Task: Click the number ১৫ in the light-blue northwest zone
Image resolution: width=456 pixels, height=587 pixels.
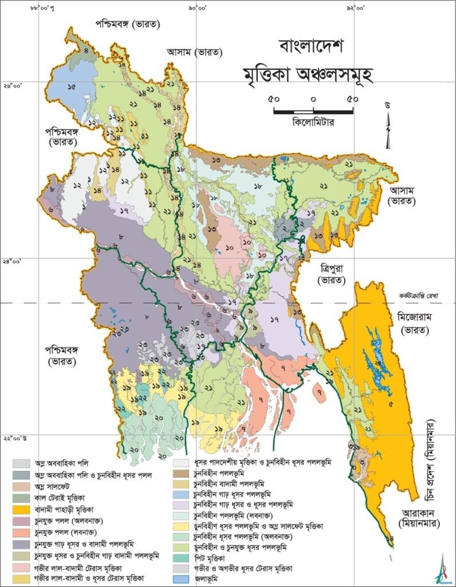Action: [72, 87]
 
